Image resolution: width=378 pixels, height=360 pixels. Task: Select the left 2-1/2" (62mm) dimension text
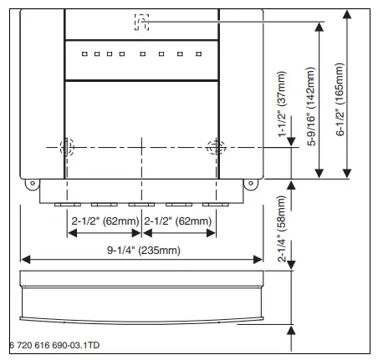click(105, 220)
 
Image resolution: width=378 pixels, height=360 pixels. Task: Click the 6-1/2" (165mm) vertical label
click(341, 94)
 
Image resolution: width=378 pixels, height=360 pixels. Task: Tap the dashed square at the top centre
click(141, 21)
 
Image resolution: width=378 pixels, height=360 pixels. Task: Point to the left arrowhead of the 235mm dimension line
click(23, 258)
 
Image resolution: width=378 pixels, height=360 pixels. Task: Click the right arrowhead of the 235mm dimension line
click(259, 258)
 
